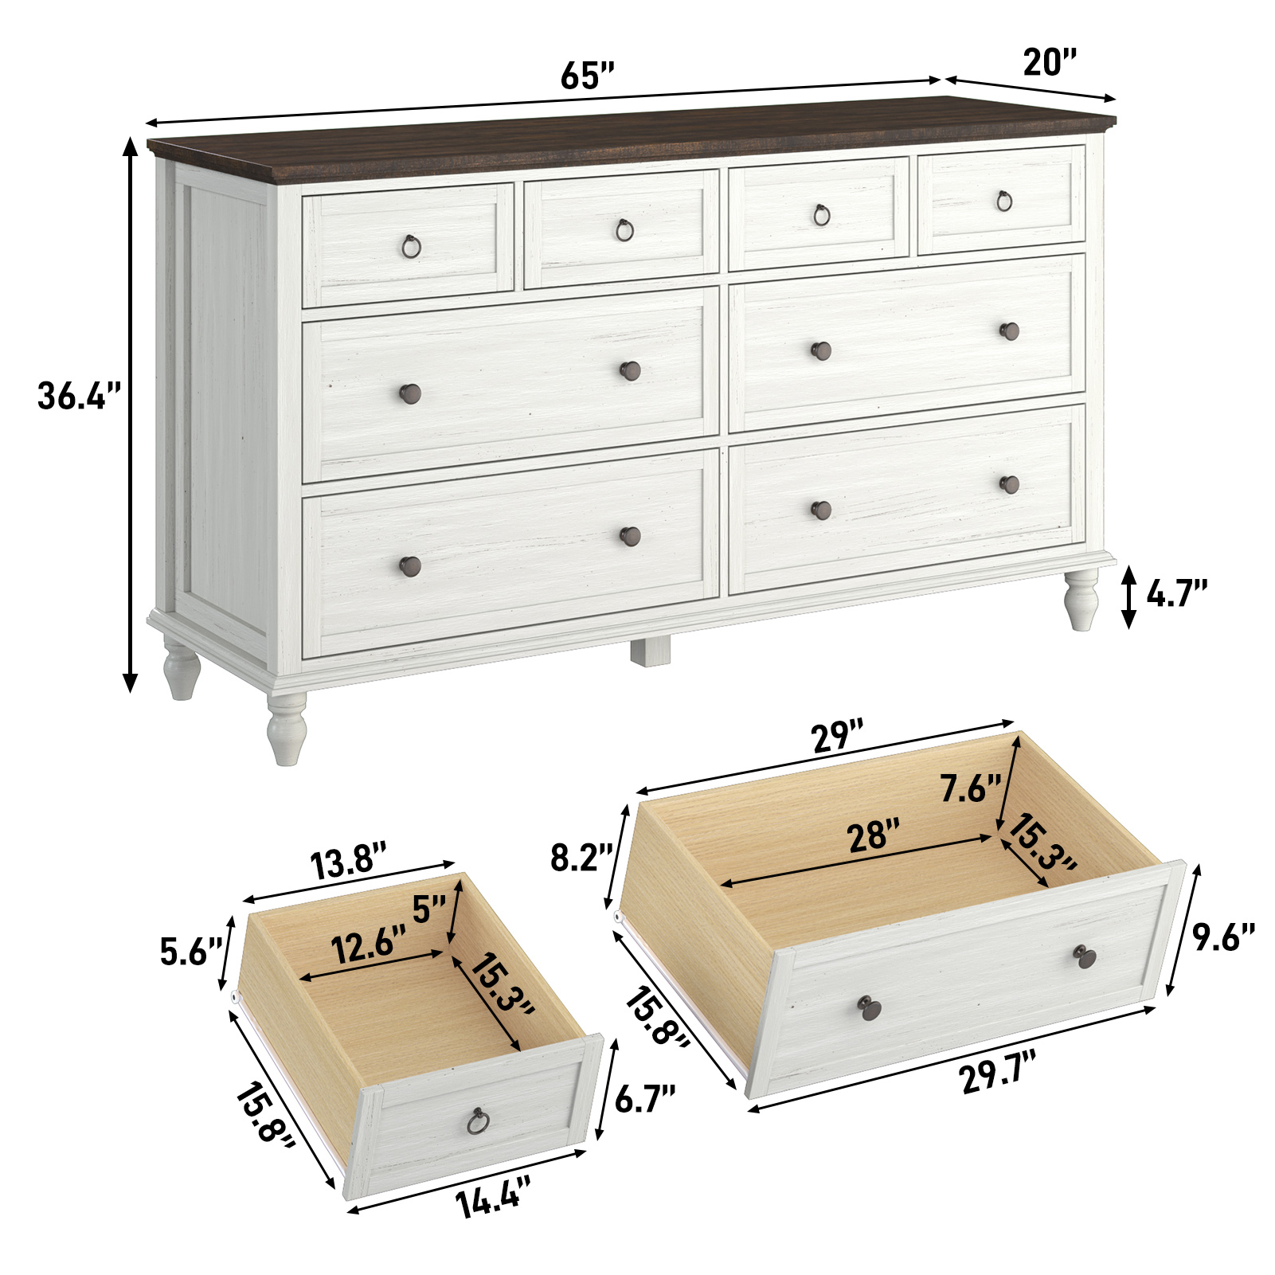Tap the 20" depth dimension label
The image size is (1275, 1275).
coord(1049,61)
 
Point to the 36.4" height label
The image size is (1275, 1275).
coord(80,396)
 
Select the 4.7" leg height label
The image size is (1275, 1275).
coord(1176,593)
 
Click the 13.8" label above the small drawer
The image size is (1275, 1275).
coord(349,862)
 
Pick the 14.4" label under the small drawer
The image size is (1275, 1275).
coord(493,1199)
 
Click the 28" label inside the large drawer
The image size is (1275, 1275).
coord(873,837)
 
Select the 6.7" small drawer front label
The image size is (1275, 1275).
coord(644,1099)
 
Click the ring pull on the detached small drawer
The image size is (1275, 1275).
coord(477,1121)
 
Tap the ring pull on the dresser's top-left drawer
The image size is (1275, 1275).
coord(411,246)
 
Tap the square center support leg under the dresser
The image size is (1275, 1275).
coord(651,650)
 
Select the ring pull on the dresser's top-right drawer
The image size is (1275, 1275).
coord(1004,201)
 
